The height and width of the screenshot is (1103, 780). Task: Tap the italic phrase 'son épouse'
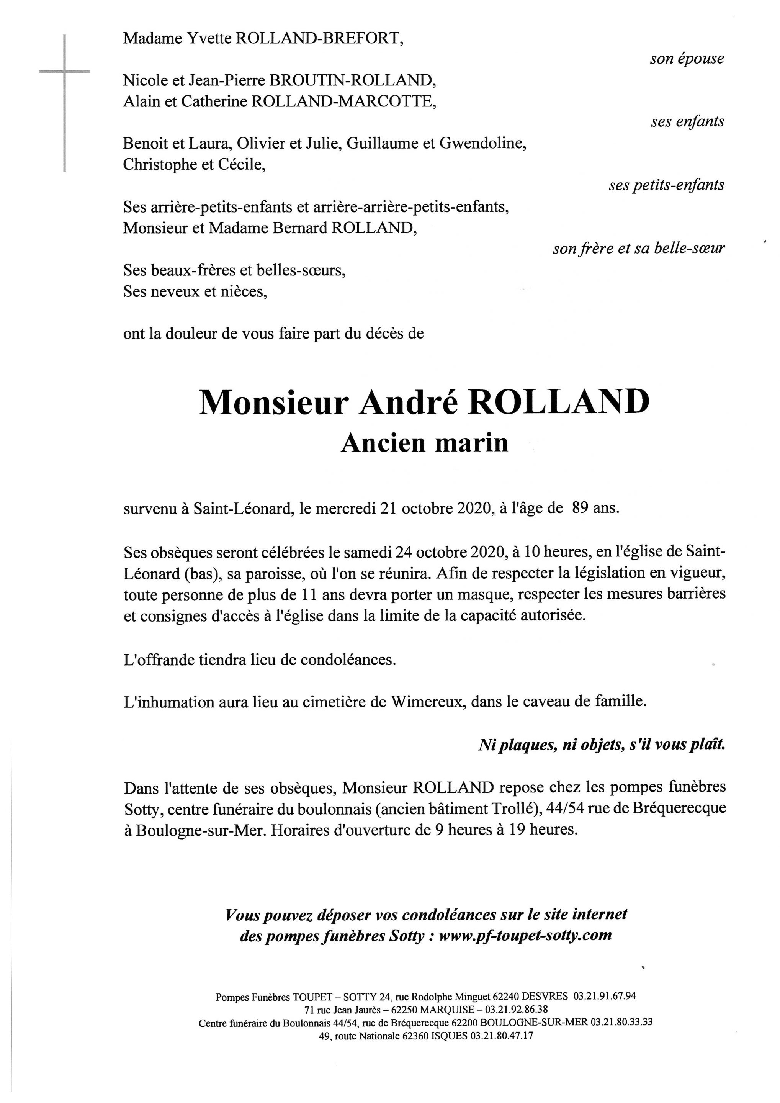[x=687, y=59]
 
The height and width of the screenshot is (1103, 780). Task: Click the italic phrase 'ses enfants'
[x=687, y=121]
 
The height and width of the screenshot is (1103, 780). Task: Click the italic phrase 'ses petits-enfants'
[x=666, y=185]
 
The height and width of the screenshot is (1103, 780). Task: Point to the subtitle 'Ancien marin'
[x=425, y=443]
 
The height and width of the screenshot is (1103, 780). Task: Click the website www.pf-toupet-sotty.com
[x=525, y=935]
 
